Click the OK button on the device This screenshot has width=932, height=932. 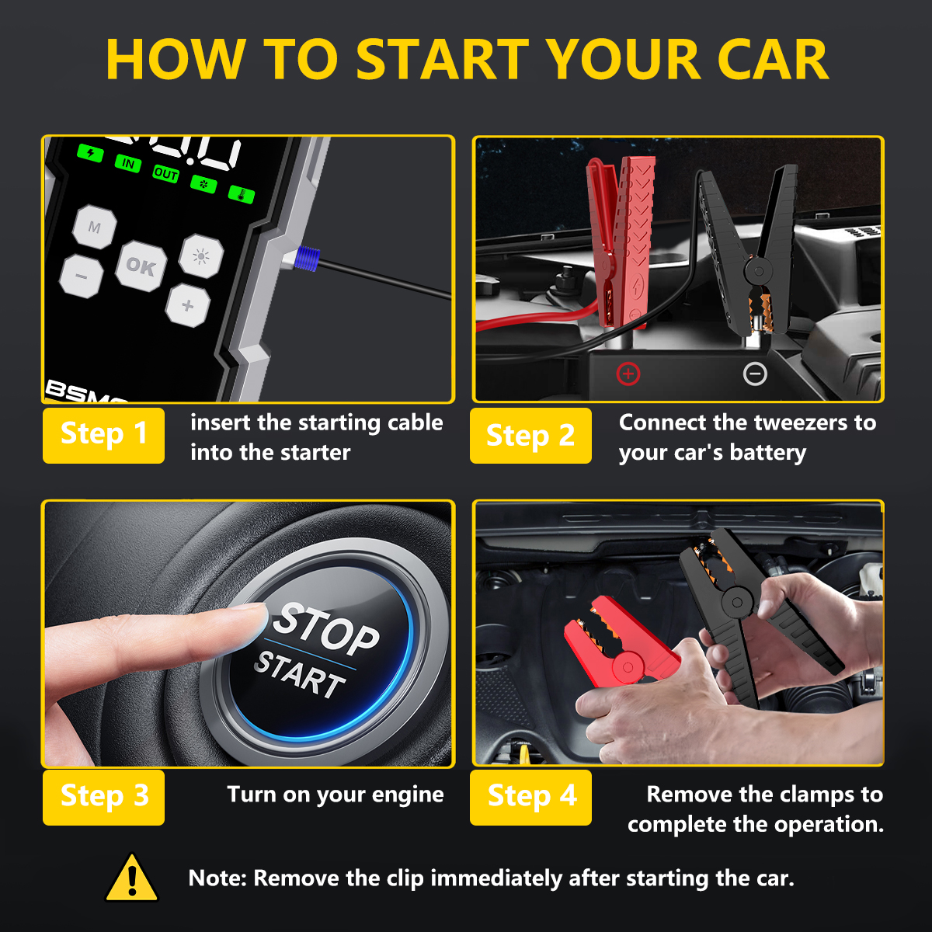coord(141,266)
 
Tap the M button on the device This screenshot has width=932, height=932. coord(94,228)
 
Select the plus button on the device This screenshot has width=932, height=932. coord(187,305)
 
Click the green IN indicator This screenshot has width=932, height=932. coord(127,163)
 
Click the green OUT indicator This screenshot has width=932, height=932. coord(165,174)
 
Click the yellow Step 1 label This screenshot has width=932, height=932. coord(103,435)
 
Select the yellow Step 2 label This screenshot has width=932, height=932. coord(530,436)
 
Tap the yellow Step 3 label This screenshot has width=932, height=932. coord(103,797)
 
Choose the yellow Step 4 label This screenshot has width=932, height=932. coord(531,797)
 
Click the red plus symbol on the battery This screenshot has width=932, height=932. coord(628,374)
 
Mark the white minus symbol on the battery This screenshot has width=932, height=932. coord(755,374)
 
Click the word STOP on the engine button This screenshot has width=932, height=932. coord(326,628)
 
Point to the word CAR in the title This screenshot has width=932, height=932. coord(772,61)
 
